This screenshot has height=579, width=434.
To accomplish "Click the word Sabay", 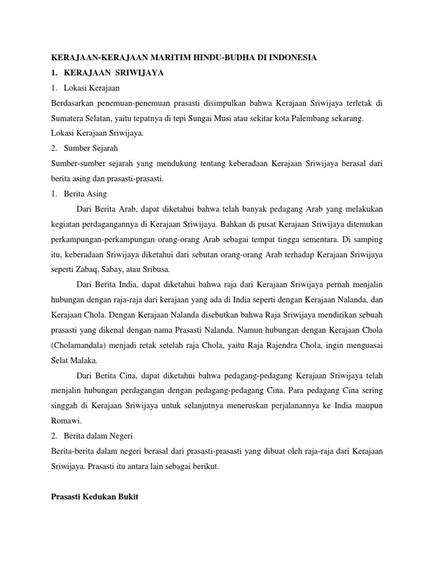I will tap(119, 270).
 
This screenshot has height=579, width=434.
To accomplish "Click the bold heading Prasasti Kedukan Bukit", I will tap(95, 496).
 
